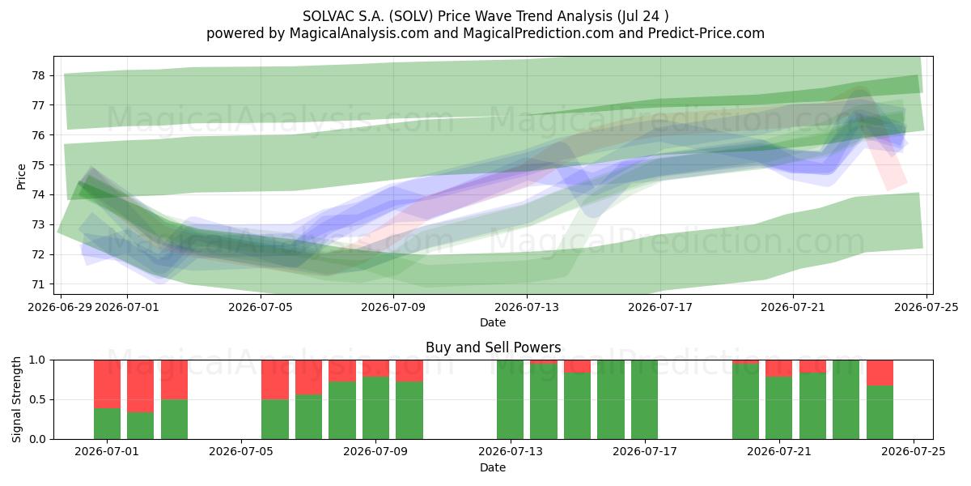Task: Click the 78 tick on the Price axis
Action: [x=38, y=75]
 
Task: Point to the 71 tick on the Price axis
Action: [x=38, y=284]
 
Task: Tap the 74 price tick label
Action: [x=38, y=195]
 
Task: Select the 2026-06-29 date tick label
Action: [x=60, y=307]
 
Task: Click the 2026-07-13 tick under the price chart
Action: [x=527, y=307]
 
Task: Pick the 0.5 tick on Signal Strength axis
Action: [x=37, y=399]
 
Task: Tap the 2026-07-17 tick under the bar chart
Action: [x=645, y=451]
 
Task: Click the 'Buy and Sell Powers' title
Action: [x=493, y=347]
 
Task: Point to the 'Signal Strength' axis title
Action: [x=16, y=399]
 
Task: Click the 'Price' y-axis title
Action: [x=21, y=177]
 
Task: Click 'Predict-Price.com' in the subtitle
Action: [x=706, y=33]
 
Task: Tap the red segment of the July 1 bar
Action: [x=107, y=384]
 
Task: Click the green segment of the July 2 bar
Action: [x=141, y=426]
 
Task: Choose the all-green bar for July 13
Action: [x=510, y=399]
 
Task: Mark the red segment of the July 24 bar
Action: [x=880, y=373]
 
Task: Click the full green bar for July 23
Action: [x=846, y=399]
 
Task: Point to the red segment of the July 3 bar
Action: [x=174, y=380]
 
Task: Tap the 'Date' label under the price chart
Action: [x=493, y=322]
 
